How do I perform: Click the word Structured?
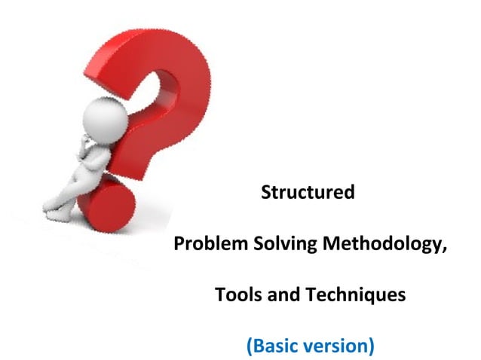(x=308, y=193)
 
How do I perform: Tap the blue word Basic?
(x=276, y=346)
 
